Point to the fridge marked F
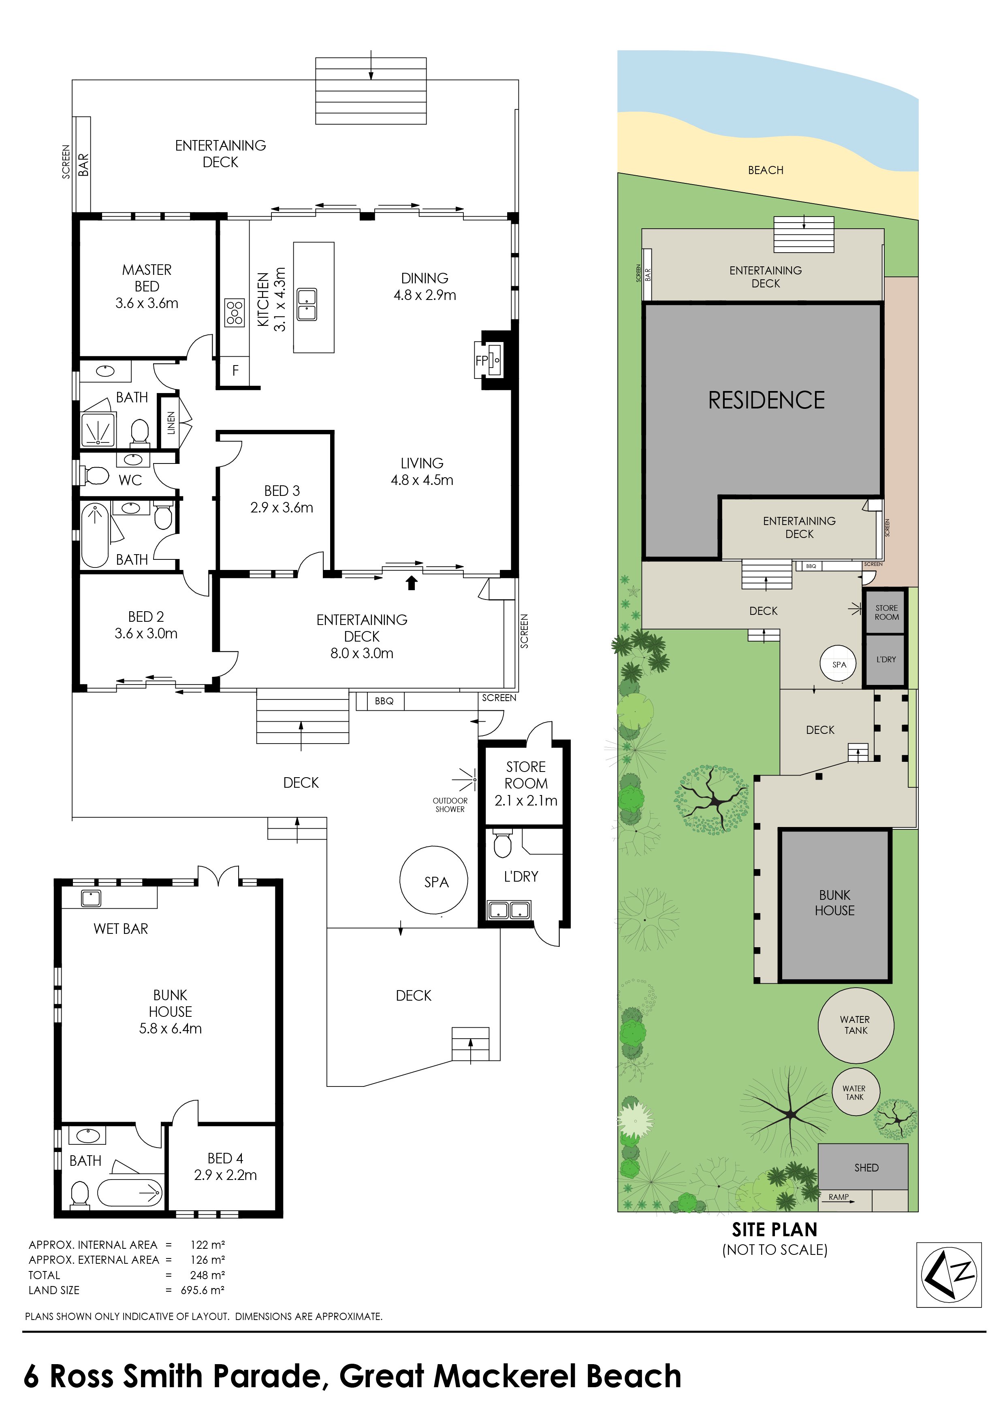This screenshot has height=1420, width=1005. pyautogui.click(x=235, y=370)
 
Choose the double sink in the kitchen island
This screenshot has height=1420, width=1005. pyautogui.click(x=307, y=304)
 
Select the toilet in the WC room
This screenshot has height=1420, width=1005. pyautogui.click(x=95, y=475)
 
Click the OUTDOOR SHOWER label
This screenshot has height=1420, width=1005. pyautogui.click(x=450, y=805)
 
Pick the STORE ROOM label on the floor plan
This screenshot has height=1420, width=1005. pyautogui.click(x=526, y=775)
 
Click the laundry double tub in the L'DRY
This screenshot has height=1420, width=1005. pyautogui.click(x=509, y=910)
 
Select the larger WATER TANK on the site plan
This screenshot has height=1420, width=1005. pyautogui.click(x=856, y=1025)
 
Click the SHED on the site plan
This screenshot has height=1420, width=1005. pyautogui.click(x=863, y=1167)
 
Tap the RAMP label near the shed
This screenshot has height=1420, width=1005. pyautogui.click(x=839, y=1197)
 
